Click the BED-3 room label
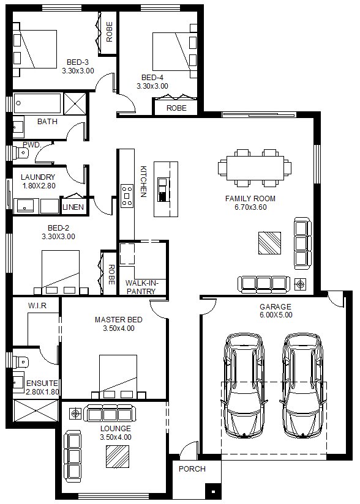click(x=78, y=62)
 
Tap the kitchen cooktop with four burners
click(x=127, y=196)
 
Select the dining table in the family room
click(x=255, y=168)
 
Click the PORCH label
click(x=192, y=469)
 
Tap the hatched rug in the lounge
click(x=118, y=456)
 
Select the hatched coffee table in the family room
click(x=269, y=243)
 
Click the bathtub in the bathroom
click(x=37, y=103)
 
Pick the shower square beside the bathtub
click(x=75, y=103)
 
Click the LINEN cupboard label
click(x=73, y=207)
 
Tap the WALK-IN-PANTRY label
click(x=141, y=287)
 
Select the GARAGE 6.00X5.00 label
click(x=276, y=311)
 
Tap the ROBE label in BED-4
click(x=176, y=108)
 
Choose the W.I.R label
click(x=37, y=305)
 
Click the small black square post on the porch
click(x=213, y=491)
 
